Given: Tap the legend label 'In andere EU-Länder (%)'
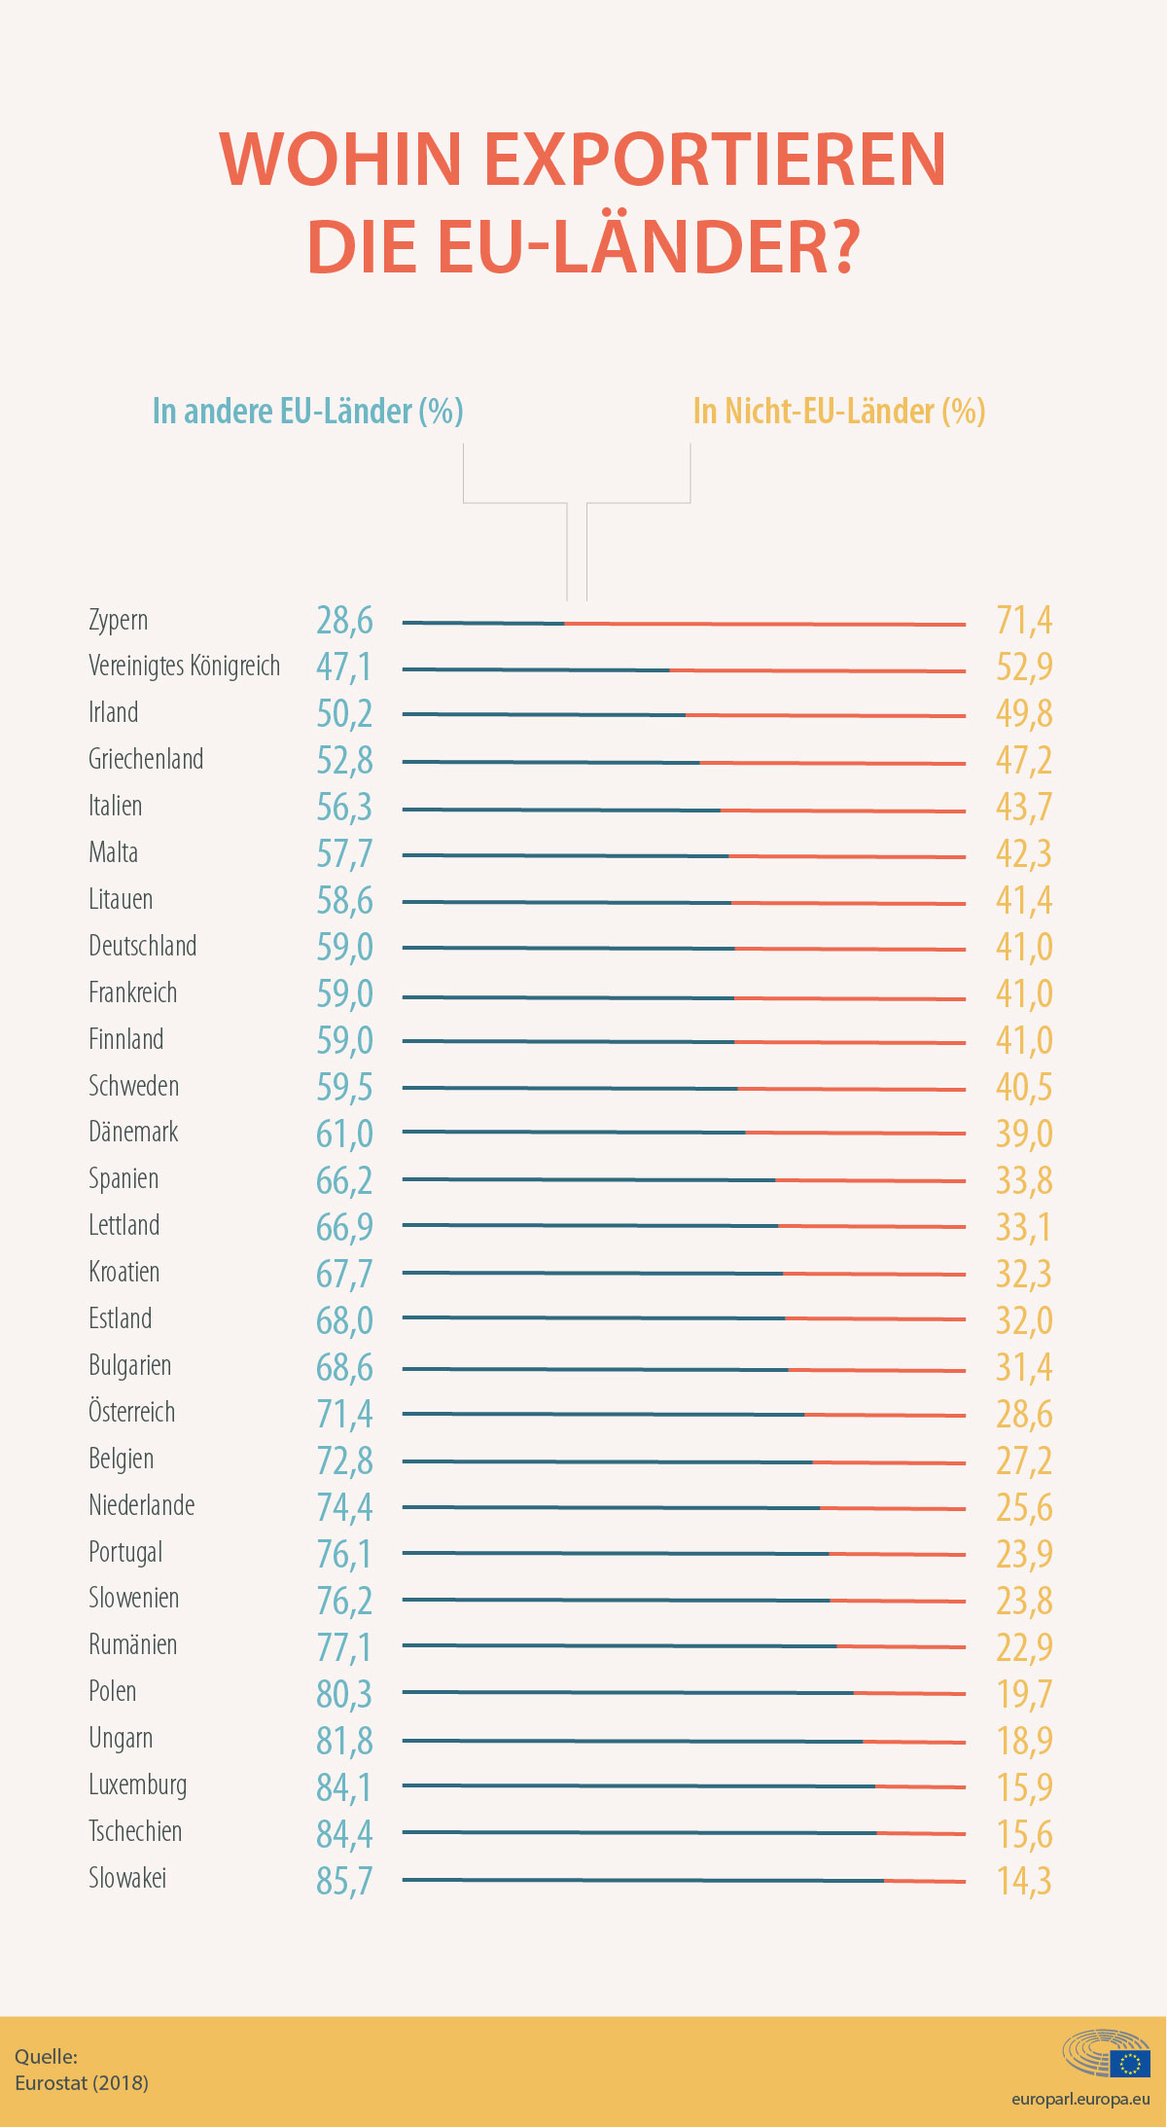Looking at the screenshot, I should point(307,412).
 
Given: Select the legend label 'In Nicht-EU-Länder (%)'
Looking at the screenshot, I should point(839,412).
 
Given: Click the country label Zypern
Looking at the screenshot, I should point(119,620).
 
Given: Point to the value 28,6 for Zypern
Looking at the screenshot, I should point(344,621).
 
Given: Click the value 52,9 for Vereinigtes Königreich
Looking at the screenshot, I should point(1024,667).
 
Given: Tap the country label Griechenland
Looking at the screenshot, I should point(146,759).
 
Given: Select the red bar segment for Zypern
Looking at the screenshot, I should point(765,624).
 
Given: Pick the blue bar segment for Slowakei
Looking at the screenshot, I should point(643,1880).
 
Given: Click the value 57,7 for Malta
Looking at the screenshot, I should point(344,854).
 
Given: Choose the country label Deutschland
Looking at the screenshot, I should point(142,946).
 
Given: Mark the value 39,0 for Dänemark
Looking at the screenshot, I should point(1024,1135).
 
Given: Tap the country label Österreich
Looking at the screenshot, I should point(131,1412).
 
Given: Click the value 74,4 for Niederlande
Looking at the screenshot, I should point(344,1508).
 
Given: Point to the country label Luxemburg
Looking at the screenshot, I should point(137,1785).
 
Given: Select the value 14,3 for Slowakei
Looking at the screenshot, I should point(1024,1882).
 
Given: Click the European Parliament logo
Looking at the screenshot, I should point(1107,2054).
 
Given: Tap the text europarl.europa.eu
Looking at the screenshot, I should point(1080,2099).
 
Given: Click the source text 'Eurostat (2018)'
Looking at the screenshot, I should point(82,2083).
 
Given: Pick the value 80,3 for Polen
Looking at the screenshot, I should point(344,1695).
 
